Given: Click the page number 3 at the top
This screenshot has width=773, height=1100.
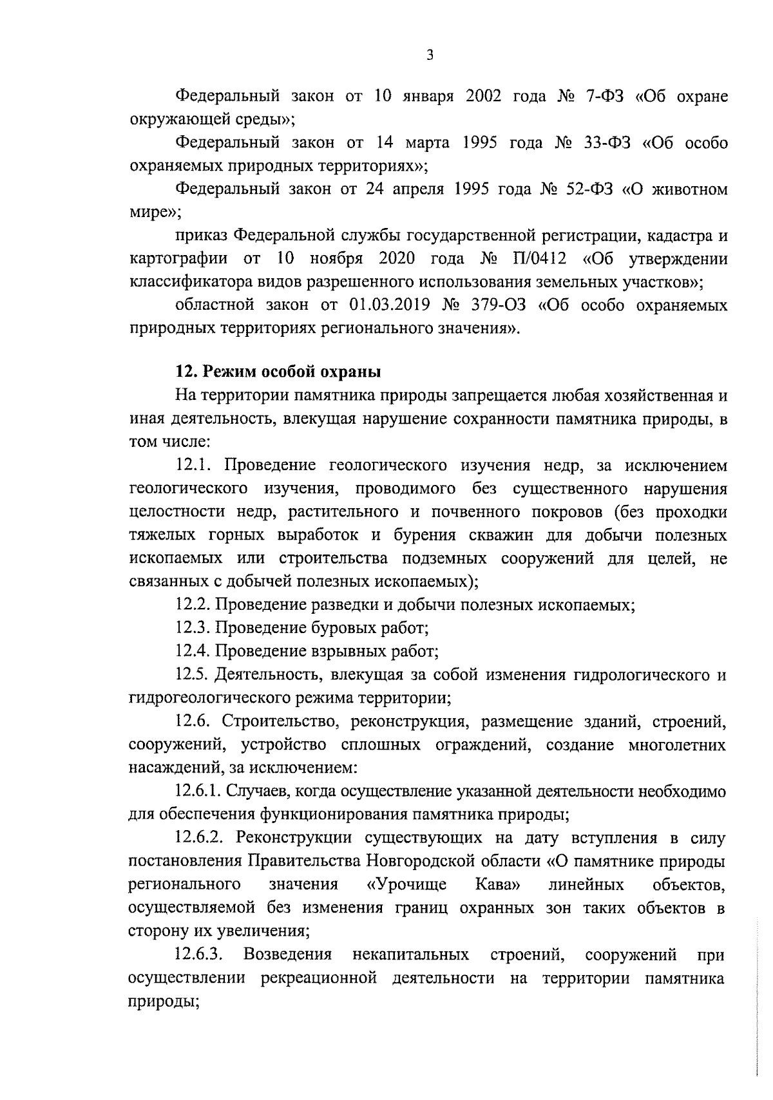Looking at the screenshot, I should pos(430,55).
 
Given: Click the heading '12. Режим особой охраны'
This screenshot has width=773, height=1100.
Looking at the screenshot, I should pos(278,372).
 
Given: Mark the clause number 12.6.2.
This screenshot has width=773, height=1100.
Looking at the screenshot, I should pos(200,839).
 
